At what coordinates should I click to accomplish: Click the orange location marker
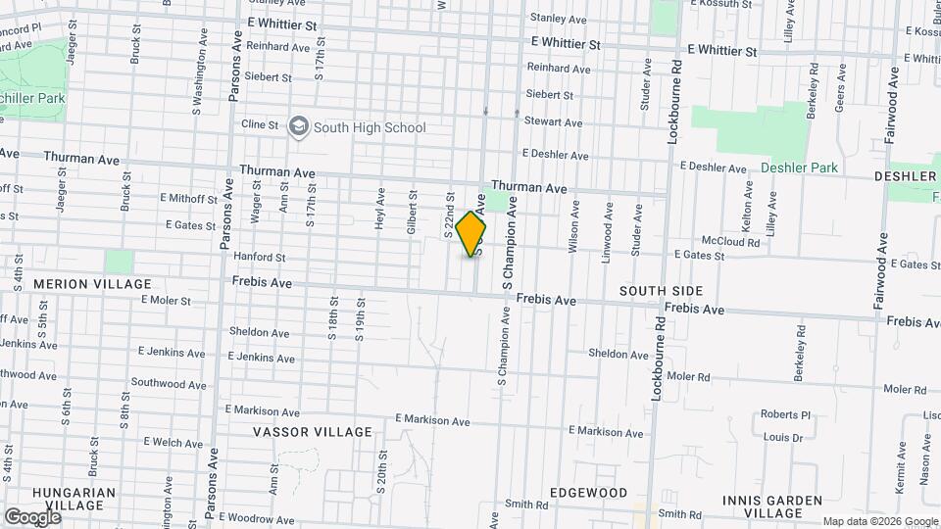(471, 234)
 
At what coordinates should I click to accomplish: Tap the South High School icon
(298, 126)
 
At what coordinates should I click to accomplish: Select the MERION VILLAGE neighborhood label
(80, 284)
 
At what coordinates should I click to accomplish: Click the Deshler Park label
(799, 168)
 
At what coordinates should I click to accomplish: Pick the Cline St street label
(261, 125)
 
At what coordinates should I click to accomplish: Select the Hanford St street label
(259, 258)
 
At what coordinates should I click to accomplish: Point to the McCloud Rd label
(730, 241)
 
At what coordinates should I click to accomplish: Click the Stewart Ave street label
(554, 122)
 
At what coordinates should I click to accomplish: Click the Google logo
(32, 516)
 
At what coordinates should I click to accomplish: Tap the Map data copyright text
(879, 521)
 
